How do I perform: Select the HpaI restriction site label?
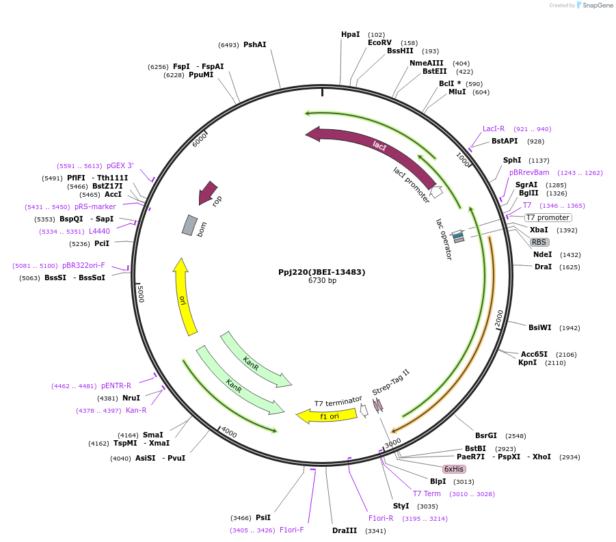pos(350,34)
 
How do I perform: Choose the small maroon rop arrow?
pos(207,193)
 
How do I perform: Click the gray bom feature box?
pos(189,225)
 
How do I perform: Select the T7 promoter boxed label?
pos(548,217)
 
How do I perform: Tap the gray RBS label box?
pos(539,242)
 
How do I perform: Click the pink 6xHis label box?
pos(454,469)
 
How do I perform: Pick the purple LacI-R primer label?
pos(493,128)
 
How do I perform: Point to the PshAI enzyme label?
pos(254,44)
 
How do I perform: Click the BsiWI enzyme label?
pos(539,327)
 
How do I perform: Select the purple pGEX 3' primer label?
pos(120,165)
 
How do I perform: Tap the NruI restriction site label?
pos(131,398)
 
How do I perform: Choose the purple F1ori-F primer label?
pos(291,530)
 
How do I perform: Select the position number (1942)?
pos(570,328)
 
